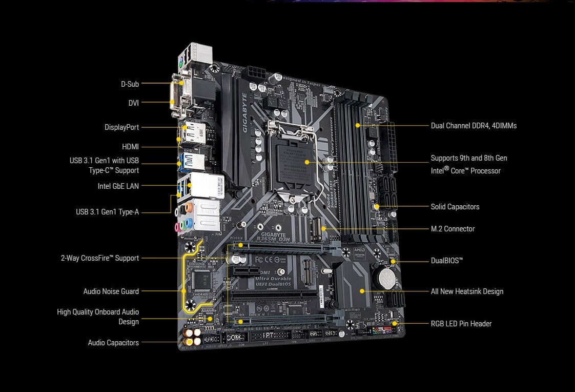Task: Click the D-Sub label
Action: pos(130,84)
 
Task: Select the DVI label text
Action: pos(133,103)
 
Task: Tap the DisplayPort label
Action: pos(121,127)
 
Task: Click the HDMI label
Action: pos(130,147)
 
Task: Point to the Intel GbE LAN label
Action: pos(118,186)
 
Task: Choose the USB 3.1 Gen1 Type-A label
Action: pos(107,211)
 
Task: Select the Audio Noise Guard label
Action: pos(111,291)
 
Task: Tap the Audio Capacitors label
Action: pos(113,343)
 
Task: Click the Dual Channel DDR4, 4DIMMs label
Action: pos(474,126)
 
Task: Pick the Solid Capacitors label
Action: pos(455,207)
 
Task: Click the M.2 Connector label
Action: pos(453,229)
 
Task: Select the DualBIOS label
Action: pos(446,261)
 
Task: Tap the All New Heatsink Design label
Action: pos(467,291)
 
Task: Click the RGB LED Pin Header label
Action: pos(461,324)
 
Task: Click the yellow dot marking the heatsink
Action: pos(362,291)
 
